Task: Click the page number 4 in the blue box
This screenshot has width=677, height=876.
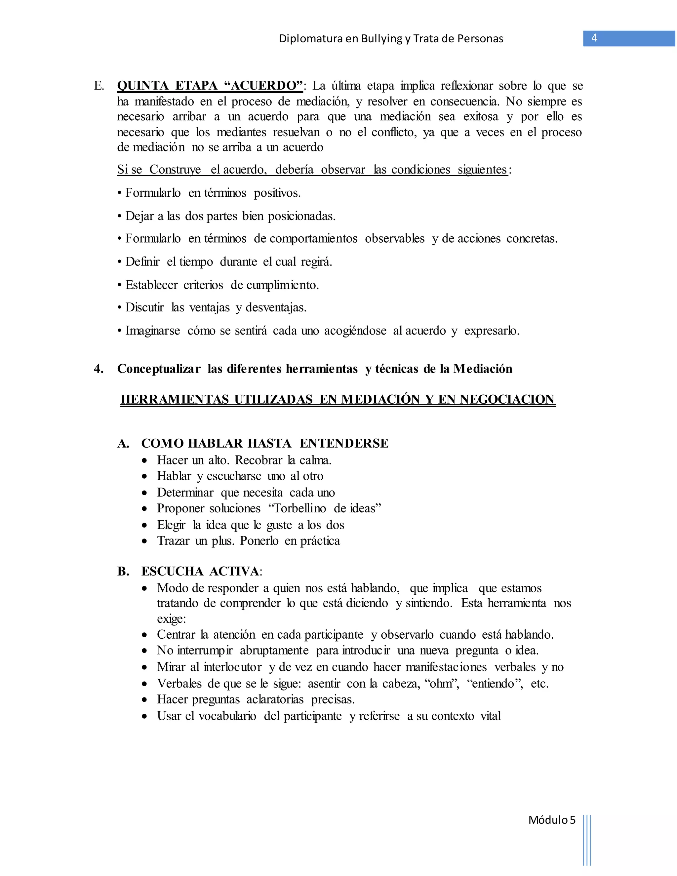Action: [x=594, y=38]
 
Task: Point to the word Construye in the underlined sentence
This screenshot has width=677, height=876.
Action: [x=175, y=170]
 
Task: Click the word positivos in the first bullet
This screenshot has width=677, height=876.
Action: [x=277, y=193]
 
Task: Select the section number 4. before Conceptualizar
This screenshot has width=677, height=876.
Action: [x=99, y=369]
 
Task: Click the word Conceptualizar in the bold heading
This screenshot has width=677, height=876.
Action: [x=159, y=369]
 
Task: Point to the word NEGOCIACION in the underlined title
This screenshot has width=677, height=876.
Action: [x=507, y=400]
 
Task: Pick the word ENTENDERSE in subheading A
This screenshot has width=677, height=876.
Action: [x=344, y=443]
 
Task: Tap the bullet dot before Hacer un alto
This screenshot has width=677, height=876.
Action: [x=145, y=460]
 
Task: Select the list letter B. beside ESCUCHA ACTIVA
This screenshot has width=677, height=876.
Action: [x=123, y=571]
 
